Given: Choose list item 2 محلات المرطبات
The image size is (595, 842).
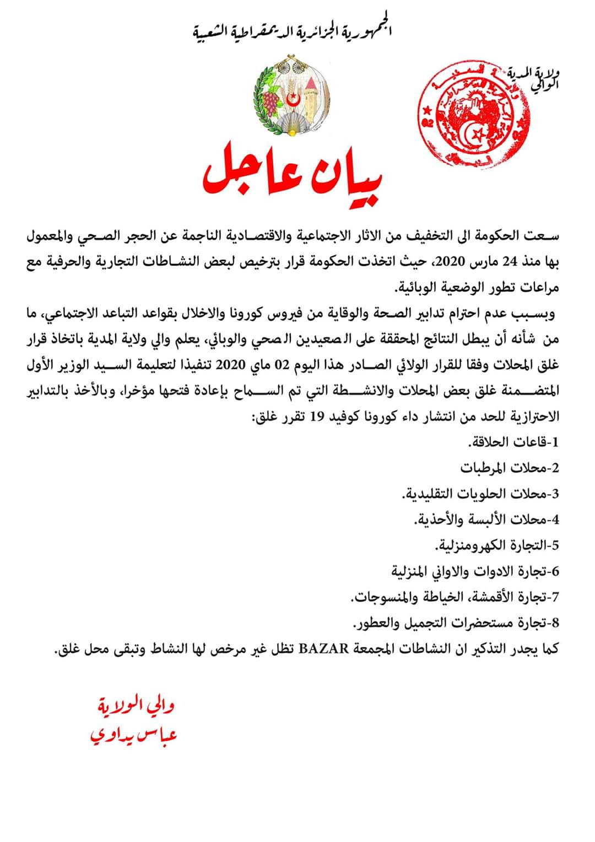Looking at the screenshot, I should click(510, 468).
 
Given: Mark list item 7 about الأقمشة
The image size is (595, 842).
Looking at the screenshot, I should click(455, 597).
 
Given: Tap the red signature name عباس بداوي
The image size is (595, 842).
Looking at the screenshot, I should click(134, 735).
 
